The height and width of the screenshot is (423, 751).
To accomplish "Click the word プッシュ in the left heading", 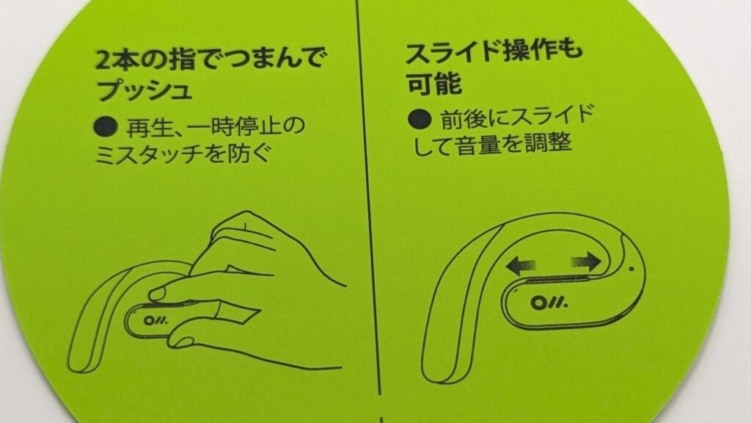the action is (144, 90).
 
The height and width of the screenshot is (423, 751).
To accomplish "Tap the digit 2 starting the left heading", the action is (104, 59).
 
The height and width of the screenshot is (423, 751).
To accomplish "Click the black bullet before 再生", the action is (106, 126).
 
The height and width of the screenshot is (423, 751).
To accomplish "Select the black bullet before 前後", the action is (420, 119).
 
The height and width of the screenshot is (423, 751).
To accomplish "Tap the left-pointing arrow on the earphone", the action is (520, 264).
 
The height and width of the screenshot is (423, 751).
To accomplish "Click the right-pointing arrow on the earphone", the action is (586, 262).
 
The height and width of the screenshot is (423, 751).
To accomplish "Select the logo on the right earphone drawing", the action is (549, 302).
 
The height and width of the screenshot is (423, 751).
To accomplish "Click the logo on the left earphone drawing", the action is (156, 321).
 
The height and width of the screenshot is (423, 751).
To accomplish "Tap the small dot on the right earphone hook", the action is (631, 269).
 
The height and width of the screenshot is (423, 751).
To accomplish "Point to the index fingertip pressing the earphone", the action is (158, 293).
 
